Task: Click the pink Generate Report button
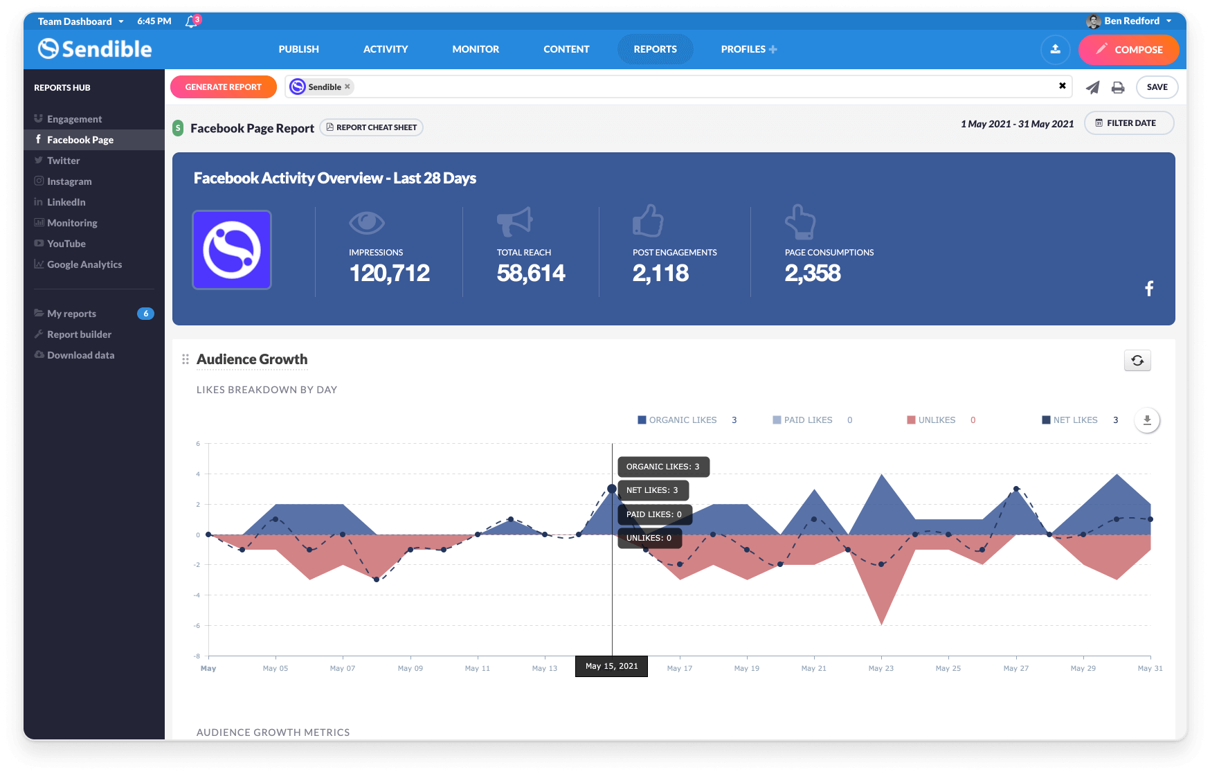[x=223, y=87]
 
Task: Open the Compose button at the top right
[x=1128, y=50]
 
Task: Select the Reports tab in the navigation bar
[x=655, y=49]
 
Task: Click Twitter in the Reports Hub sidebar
[x=63, y=161]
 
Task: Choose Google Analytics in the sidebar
[x=84, y=264]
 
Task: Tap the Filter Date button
[x=1128, y=123]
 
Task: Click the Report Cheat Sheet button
[x=372, y=127]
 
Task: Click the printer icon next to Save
[x=1118, y=87]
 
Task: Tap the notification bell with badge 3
[x=192, y=21]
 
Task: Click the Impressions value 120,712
[x=389, y=273]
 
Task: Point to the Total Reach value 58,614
[x=531, y=273]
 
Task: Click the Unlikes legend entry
[x=936, y=420]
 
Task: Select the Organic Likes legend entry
[x=682, y=420]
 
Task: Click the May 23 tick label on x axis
[x=881, y=668]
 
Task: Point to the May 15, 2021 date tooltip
[x=611, y=666]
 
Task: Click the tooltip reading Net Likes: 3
[x=652, y=490]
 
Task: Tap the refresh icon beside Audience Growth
[x=1137, y=360]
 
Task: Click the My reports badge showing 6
[x=145, y=314]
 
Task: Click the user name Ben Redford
[x=1131, y=21]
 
